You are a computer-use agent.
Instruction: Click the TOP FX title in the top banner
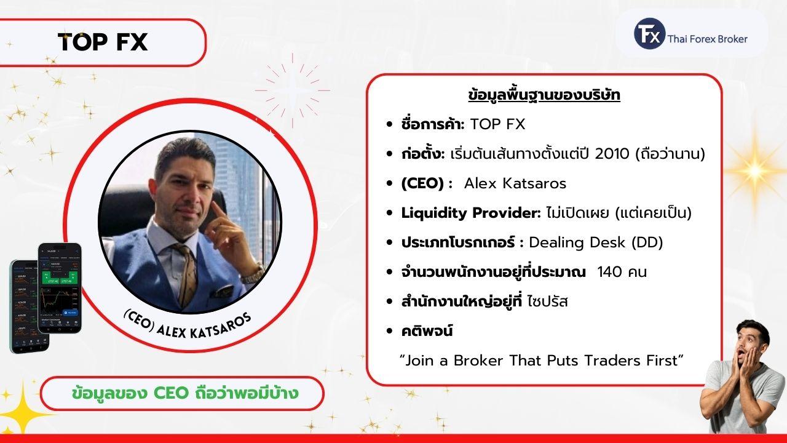pyautogui.click(x=103, y=42)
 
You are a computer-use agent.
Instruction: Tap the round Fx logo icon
pyautogui.click(x=649, y=34)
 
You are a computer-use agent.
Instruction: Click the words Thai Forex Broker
pyautogui.click(x=707, y=39)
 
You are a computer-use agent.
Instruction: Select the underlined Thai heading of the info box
pyautogui.click(x=544, y=95)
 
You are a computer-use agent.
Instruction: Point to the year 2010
pyautogui.click(x=612, y=154)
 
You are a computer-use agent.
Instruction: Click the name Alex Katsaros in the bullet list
pyautogui.click(x=515, y=183)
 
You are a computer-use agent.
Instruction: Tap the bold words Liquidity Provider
pyautogui.click(x=471, y=213)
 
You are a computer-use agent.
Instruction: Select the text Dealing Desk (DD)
pyautogui.click(x=596, y=242)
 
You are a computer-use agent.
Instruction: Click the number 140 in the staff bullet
pyautogui.click(x=609, y=272)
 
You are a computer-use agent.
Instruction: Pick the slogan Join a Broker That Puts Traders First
pyautogui.click(x=542, y=361)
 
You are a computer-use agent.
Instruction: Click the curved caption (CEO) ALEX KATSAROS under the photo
pyautogui.click(x=188, y=325)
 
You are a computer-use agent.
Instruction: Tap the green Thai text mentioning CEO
pyautogui.click(x=185, y=393)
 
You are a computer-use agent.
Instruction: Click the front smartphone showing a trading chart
pyautogui.click(x=60, y=289)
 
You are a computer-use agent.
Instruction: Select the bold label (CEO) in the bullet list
pyautogui.click(x=422, y=183)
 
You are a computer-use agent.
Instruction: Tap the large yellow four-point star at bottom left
pyautogui.click(x=23, y=410)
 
